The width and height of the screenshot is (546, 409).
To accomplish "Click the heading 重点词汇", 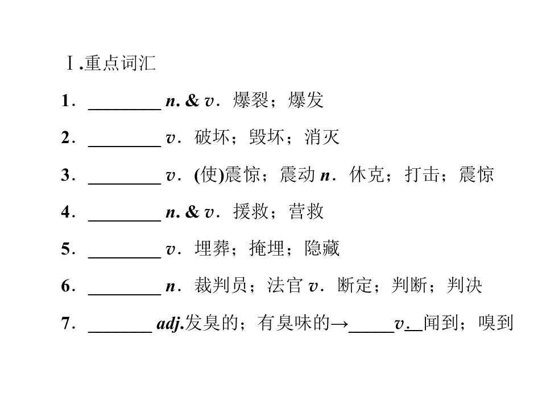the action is pos(120,63).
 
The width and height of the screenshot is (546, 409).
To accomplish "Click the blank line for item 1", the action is pos(125,110).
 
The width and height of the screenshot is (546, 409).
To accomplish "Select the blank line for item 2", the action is pos(125,147).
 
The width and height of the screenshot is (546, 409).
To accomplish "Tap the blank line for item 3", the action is pos(125,183).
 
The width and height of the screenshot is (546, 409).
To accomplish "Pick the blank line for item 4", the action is pos(125,220).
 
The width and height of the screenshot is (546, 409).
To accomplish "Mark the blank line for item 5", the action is pos(125,258).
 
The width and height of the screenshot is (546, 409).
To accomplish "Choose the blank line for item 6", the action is pos(125,295).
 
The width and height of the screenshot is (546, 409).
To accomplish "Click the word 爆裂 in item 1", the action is pos(251,100).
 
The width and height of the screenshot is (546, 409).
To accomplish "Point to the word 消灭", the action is pos(322,137).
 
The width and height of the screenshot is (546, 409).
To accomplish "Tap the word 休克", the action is pos(367,174).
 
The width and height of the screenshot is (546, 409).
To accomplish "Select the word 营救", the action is pos(306,211).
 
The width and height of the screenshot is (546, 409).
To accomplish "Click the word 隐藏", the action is pos(322,248).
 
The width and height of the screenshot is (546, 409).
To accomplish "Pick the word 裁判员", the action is pos(221,286).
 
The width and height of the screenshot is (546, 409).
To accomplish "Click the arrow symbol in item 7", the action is pos(339,324).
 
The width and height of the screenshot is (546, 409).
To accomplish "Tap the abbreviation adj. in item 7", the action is pos(170,323).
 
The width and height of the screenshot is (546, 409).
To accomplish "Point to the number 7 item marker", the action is pos(66,323).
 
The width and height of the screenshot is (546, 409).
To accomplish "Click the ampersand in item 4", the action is pos(192,211).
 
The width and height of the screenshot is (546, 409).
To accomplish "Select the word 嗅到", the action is pos(496,323).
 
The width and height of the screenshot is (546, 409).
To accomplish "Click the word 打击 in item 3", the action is pos(421,174).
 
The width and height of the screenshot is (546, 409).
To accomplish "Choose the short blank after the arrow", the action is pos(371,332).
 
